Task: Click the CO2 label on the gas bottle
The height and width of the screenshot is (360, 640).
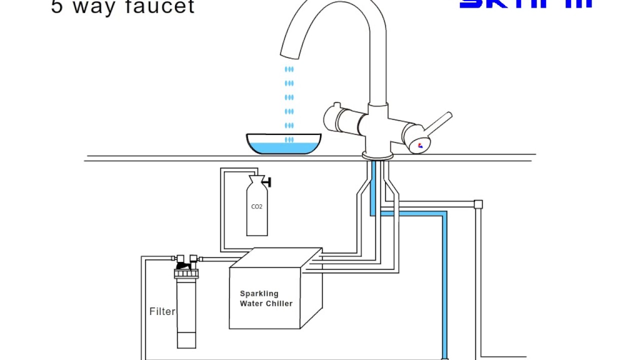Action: point(256,206)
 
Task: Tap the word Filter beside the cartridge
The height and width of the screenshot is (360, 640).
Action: point(162,311)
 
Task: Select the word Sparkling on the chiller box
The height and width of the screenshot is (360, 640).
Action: point(259,293)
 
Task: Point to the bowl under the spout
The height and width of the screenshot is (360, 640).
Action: point(284,143)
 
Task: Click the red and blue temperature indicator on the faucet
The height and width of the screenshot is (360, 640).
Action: point(420,145)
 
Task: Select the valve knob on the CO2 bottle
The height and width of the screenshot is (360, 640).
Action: point(268,182)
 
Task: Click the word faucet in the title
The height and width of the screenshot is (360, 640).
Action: point(162,7)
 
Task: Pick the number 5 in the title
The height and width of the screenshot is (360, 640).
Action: point(57,7)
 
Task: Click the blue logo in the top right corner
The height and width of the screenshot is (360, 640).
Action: point(525,4)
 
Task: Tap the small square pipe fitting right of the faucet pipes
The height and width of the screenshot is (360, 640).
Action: point(478,204)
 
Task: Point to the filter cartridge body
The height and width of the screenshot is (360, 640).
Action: point(186,312)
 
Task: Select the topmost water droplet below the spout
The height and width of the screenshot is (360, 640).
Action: point(289,69)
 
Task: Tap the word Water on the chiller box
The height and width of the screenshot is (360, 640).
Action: point(250,303)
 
